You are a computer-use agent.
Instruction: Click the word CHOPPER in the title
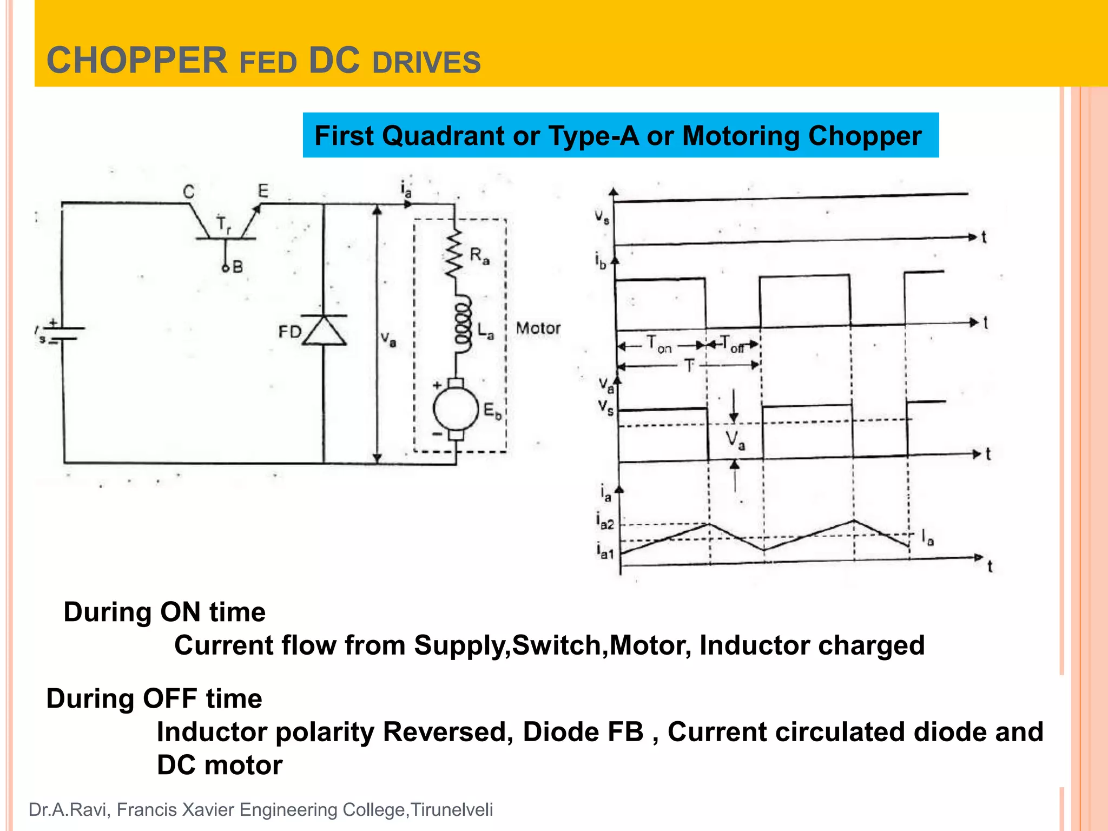137,60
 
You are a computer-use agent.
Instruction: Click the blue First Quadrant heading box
620,135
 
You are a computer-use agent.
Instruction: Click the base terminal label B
238,267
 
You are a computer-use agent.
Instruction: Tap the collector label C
188,192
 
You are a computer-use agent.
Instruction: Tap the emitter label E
263,190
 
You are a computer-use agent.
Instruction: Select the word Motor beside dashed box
538,328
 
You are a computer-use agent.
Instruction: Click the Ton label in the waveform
659,344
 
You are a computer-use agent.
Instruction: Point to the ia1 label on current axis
605,551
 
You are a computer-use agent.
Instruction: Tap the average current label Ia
927,538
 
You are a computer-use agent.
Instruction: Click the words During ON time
164,612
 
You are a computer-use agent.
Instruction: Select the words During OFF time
154,698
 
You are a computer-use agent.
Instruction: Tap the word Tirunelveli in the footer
452,810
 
